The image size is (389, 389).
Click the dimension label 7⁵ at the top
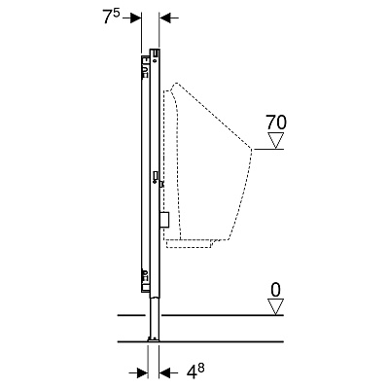pyautogui.click(x=112, y=17)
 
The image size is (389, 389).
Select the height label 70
pyautogui.click(x=276, y=123)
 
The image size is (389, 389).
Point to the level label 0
pyautogui.click(x=275, y=290)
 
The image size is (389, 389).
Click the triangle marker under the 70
pyautogui.click(x=275, y=140)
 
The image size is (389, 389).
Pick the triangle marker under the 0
pyautogui.click(x=275, y=307)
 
